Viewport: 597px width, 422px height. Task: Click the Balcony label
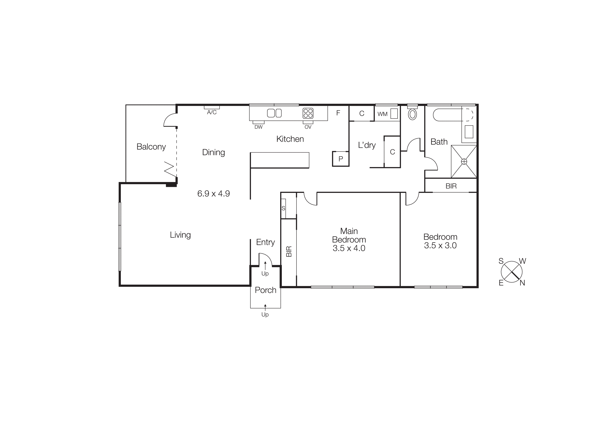tap(151, 147)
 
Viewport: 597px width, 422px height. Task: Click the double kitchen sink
tap(274, 113)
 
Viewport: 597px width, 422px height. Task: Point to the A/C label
tap(212, 112)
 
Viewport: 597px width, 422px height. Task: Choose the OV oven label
tap(308, 127)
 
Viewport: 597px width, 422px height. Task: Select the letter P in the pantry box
tap(341, 159)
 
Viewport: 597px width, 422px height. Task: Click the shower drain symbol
tap(464, 162)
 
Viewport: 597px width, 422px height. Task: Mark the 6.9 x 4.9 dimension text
tap(213, 194)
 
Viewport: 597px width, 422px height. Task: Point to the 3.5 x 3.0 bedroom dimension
tap(440, 245)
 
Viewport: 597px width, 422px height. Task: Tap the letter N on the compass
tap(522, 283)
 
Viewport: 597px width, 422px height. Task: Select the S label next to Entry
tap(283, 208)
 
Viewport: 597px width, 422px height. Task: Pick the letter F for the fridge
tap(338, 113)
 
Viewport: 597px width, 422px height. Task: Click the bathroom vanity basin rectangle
tap(469, 132)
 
